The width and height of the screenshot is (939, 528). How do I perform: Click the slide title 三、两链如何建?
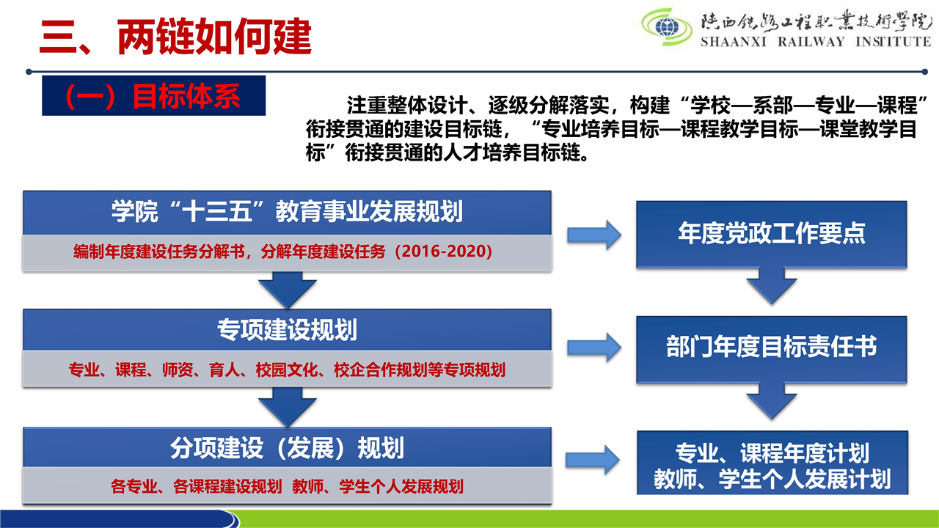coord(175,37)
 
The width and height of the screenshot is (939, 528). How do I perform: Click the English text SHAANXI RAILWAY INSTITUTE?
coord(816,42)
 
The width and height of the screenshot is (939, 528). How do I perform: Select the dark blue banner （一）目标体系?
coord(154,95)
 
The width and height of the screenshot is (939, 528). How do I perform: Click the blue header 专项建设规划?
coord(287,330)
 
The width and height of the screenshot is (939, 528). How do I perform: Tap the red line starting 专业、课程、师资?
coord(287,370)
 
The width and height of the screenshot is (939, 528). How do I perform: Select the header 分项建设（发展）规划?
coord(287,447)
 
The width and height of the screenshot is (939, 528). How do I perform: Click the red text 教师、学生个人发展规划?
coord(378,486)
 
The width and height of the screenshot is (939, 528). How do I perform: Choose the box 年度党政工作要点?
coord(771,234)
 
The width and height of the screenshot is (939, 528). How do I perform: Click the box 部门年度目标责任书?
coord(771,350)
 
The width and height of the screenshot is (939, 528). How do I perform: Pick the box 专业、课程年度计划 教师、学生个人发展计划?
coord(772,463)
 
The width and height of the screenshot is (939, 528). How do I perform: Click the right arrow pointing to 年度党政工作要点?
coord(594,235)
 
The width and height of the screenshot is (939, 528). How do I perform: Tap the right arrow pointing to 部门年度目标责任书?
coord(594,348)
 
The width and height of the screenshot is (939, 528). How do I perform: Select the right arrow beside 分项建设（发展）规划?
coord(593,460)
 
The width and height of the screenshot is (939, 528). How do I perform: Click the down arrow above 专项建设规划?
coord(288,290)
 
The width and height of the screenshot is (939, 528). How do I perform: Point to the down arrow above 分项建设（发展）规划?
coord(288,407)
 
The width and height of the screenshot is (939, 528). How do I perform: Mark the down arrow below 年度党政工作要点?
coord(772,286)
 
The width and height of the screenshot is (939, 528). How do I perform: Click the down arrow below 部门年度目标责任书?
coord(772,401)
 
